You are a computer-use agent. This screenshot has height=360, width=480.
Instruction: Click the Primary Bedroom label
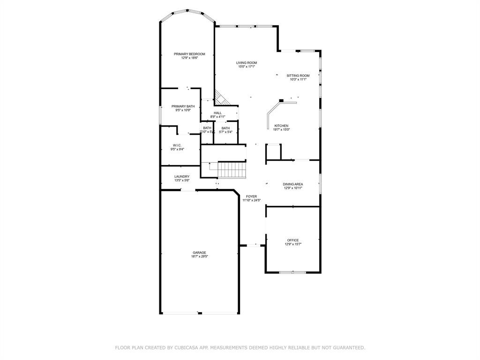coord(189,54)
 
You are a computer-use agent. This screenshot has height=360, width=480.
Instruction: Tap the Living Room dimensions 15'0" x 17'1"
coord(246,67)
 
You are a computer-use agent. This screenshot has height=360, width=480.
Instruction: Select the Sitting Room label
coord(298,75)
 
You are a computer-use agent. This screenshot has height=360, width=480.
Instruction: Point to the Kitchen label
coord(281,126)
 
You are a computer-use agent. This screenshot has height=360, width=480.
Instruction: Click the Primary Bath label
coord(183,106)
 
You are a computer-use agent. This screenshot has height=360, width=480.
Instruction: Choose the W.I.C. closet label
coord(177,145)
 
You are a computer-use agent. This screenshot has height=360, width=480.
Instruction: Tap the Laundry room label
coord(182,177)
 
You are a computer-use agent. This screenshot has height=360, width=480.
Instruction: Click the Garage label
coord(199,253)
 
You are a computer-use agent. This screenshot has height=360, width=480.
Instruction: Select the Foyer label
coord(251,196)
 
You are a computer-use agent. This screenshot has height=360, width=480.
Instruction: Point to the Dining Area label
coord(292,184)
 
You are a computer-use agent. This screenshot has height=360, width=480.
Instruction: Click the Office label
coord(293,240)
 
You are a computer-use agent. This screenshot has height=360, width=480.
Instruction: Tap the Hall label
coord(217,113)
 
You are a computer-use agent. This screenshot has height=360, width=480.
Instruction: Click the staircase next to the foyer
coord(232,169)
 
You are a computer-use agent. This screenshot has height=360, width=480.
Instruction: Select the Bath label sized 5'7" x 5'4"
coord(225,128)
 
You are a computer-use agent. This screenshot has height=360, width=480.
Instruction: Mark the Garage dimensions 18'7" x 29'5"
coord(199,257)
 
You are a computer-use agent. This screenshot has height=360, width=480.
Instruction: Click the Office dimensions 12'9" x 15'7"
coord(293,244)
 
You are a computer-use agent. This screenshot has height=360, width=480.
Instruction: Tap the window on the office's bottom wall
coord(292,272)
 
